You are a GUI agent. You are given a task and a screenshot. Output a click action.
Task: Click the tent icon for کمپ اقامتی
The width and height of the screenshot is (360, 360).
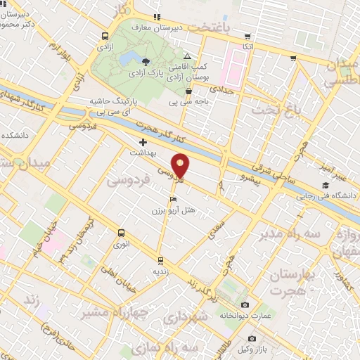186,56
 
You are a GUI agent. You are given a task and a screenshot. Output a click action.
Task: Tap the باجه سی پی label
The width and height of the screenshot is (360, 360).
186,102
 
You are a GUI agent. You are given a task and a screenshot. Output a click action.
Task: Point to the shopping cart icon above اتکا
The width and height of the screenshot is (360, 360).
247,37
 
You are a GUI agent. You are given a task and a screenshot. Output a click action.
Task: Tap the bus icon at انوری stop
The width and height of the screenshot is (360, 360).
121,233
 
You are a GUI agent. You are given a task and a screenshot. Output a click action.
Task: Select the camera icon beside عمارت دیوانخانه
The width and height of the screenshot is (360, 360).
244,304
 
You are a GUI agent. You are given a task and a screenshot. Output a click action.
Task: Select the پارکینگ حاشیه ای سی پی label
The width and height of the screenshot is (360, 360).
112,105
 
